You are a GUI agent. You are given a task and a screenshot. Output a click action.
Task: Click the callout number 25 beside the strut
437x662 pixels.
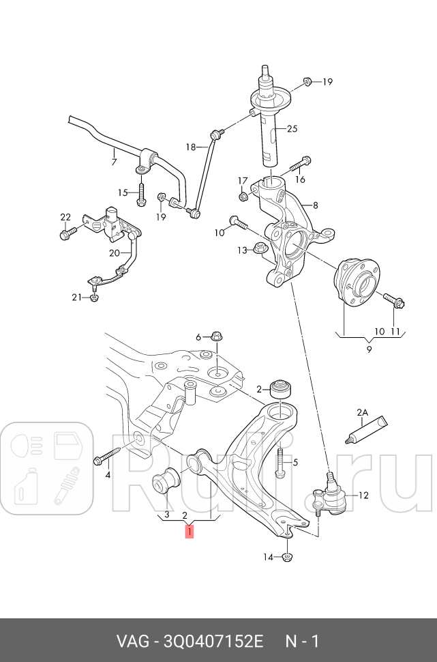292,128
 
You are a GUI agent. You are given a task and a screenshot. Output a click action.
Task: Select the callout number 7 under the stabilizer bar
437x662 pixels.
114,162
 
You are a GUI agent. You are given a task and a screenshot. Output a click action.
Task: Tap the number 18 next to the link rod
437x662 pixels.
191,147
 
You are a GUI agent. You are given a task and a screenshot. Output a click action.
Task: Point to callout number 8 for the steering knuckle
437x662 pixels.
315,204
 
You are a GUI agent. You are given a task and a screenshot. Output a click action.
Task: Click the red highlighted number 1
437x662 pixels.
189,530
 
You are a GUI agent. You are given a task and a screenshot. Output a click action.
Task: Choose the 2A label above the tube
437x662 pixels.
362,412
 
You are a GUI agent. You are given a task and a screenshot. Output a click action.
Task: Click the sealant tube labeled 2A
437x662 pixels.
367,429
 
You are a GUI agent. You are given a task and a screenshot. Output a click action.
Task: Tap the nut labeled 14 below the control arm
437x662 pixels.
287,558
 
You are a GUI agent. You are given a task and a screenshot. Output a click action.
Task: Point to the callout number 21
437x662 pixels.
76,297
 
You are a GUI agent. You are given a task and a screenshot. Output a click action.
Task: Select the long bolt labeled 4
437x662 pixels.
109,457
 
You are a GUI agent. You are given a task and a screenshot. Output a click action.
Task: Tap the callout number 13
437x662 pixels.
241,250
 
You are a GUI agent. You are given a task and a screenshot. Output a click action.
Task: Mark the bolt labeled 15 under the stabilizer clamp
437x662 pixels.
140,194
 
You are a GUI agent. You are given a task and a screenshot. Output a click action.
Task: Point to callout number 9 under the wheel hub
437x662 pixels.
369,350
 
